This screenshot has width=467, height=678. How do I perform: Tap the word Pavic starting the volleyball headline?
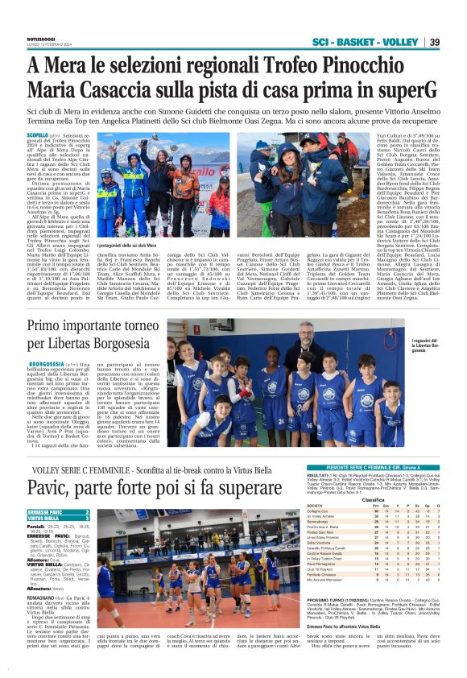(51, 490)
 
